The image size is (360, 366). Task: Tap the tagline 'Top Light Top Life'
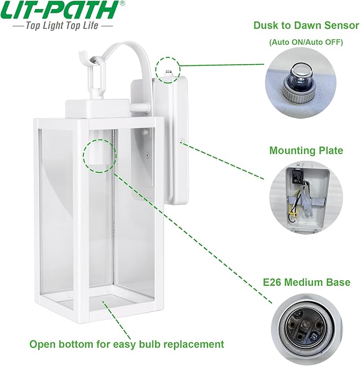coord(62,25)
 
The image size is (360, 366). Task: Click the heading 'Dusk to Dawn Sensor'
coord(306,25)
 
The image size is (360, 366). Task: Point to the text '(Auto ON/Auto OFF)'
coord(306,42)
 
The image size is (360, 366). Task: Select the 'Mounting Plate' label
coord(306,150)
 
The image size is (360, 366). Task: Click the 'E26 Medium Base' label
coord(306,282)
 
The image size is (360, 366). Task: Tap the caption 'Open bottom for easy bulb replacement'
coord(127,344)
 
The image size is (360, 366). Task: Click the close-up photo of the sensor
coord(301,83)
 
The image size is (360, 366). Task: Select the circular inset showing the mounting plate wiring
coord(306,197)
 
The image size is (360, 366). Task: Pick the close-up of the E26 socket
coord(306,329)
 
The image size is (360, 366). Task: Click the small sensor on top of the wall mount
coord(168,73)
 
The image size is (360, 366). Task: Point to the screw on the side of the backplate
coord(181,141)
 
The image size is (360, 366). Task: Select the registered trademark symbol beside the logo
coord(122,3)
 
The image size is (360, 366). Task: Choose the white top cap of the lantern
coord(98,109)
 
